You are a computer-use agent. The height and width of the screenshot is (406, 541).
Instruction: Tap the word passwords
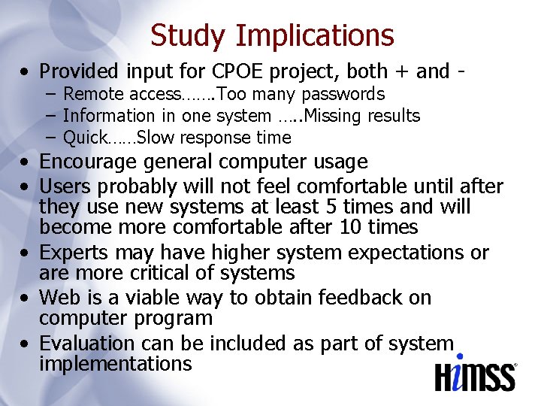point(344,95)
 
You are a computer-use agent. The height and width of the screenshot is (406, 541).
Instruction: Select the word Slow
point(155,138)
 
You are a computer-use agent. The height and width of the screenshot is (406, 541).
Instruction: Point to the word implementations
point(116,365)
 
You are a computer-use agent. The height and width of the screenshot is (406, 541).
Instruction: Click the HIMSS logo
point(476,373)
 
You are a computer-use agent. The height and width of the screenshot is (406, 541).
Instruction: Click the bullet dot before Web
point(26,298)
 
